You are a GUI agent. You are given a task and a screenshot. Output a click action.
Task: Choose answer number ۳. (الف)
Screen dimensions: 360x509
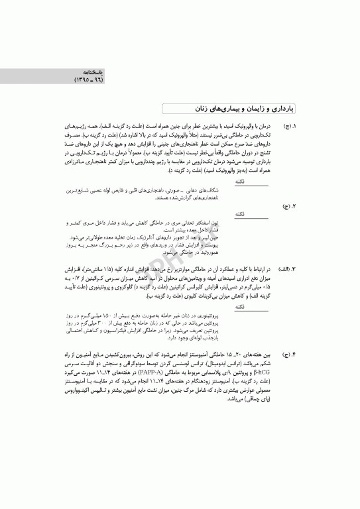pos(287,268)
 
